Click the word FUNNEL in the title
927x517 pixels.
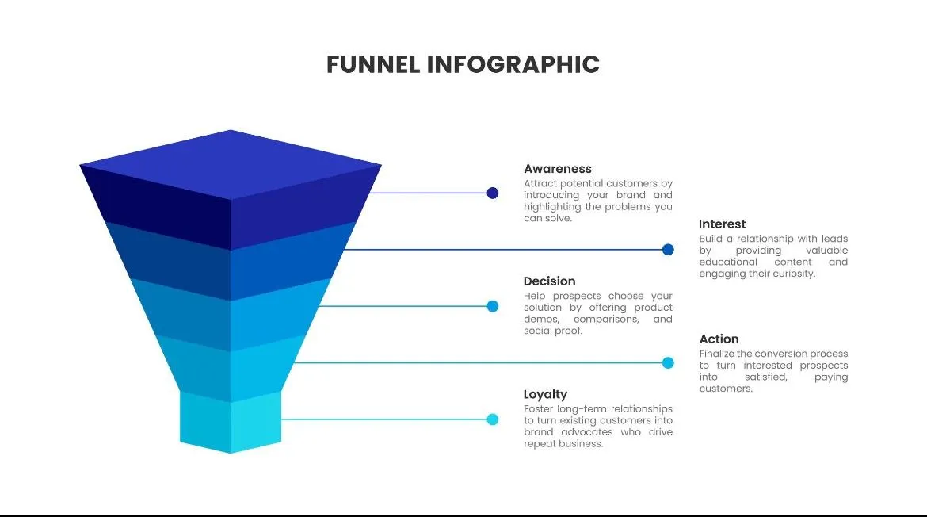373,64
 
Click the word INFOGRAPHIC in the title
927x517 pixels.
513,64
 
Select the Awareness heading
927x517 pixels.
558,169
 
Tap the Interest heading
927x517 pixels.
723,224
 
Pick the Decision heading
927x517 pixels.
550,281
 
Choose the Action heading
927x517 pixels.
719,339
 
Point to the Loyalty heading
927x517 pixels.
546,394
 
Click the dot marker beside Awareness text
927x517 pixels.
493,193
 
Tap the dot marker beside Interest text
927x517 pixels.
668,250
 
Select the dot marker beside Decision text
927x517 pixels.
493,306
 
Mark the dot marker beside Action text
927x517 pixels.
668,363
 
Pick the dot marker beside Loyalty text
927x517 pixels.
493,419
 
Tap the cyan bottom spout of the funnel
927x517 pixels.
231,424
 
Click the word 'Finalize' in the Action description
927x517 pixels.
718,354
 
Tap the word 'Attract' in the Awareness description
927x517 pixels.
539,183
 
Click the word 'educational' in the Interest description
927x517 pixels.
728,262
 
